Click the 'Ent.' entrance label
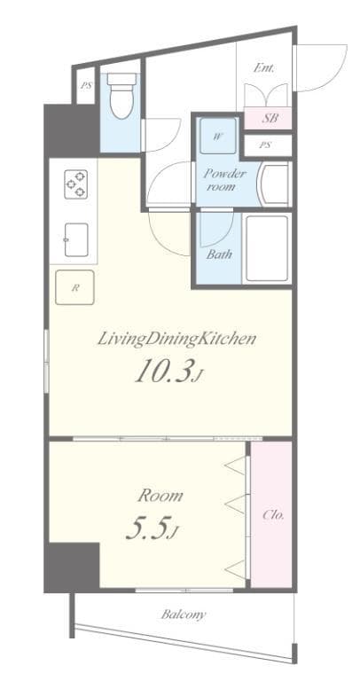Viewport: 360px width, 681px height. (x=264, y=67)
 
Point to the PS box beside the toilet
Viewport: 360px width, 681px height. (x=86, y=86)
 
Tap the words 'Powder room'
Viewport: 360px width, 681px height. (x=225, y=180)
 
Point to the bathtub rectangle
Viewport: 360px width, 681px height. (x=267, y=248)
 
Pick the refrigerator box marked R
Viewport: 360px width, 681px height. (x=75, y=286)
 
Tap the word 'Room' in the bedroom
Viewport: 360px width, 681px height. (x=160, y=495)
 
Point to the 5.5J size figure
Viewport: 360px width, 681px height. (x=153, y=529)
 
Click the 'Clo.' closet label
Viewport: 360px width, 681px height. (x=273, y=514)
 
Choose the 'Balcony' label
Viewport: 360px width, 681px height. (x=184, y=613)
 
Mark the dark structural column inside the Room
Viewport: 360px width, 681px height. (x=72, y=567)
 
